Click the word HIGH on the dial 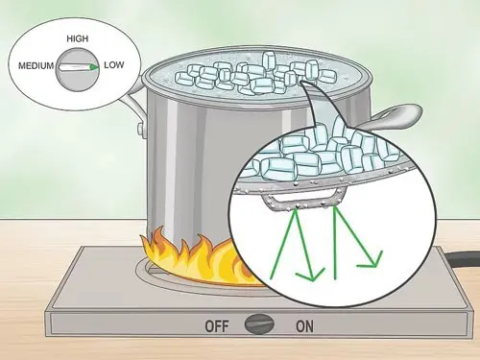(x=78, y=39)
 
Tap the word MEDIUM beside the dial (x=36, y=66)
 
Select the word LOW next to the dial (x=114, y=65)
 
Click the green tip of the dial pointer (x=94, y=67)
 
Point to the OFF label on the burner (x=217, y=326)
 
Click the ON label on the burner (x=305, y=326)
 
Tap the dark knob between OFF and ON (x=259, y=324)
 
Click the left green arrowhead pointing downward (x=310, y=276)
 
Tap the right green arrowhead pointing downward (x=372, y=260)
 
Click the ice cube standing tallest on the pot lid (x=269, y=60)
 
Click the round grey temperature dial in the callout (x=78, y=70)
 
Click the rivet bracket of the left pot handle (x=141, y=129)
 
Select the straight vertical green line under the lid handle (x=335, y=243)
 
